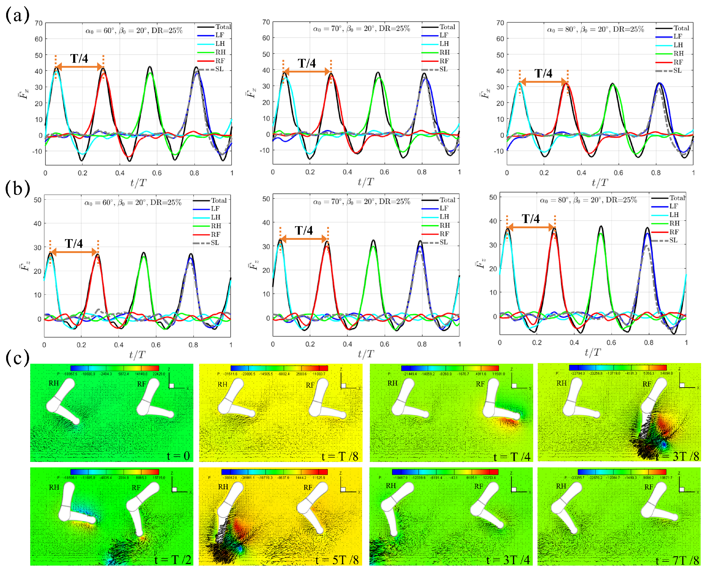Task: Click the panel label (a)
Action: [x=17, y=15]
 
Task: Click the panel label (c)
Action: [x=17, y=358]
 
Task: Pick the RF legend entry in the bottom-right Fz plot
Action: [x=674, y=232]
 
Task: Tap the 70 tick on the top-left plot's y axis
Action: [x=39, y=23]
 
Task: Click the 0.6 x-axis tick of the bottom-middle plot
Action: [x=384, y=344]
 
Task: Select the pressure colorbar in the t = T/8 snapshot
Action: [x=279, y=368]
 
